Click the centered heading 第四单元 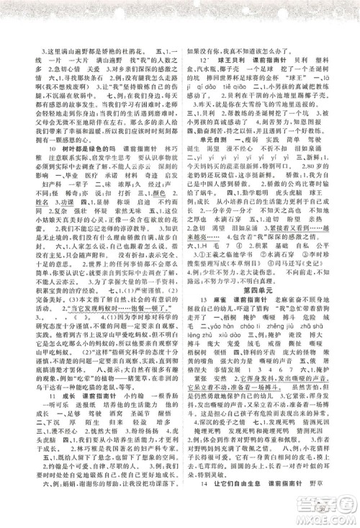pos(266,287)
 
